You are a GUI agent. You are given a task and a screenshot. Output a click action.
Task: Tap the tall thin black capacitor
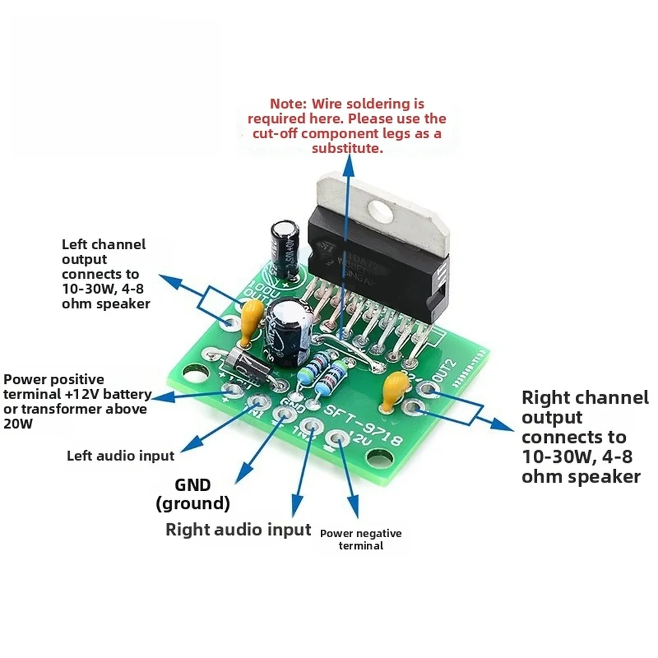pos(285,248)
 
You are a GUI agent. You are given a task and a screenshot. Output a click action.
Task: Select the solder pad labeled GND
pos(284,413)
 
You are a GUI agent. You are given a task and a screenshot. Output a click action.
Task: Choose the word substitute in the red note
pos(346,149)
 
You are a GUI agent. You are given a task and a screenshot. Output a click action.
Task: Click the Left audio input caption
pos(120,456)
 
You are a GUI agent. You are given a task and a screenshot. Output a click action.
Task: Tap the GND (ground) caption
pos(193,494)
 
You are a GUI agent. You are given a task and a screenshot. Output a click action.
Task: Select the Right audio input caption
pos(238,529)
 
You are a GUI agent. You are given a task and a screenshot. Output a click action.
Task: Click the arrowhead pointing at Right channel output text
pos(505,425)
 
